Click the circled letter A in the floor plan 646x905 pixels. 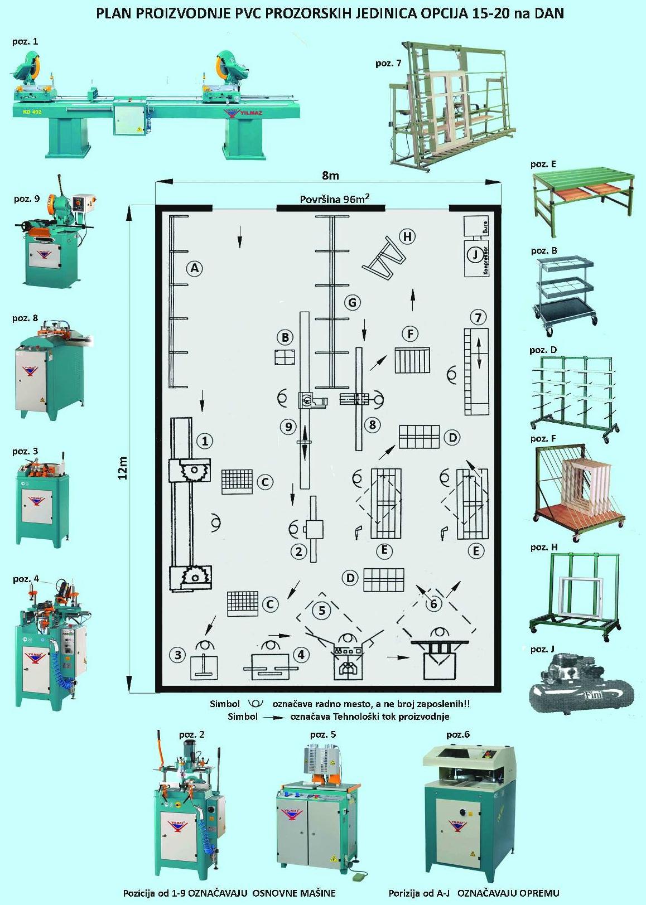pyautogui.click(x=194, y=268)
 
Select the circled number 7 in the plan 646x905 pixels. pyautogui.click(x=478, y=318)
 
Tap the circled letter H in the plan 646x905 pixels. pyautogui.click(x=407, y=236)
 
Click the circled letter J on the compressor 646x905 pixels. pyautogui.click(x=475, y=254)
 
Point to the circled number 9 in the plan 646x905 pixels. pyautogui.click(x=288, y=427)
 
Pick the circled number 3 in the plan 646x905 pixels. pyautogui.click(x=178, y=654)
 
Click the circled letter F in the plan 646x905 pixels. pyautogui.click(x=410, y=334)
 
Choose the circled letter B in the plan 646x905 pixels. pyautogui.click(x=285, y=337)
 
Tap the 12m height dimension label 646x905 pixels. pyautogui.click(x=124, y=468)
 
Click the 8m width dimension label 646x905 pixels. pyautogui.click(x=330, y=175)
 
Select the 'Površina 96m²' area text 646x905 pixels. pyautogui.click(x=334, y=199)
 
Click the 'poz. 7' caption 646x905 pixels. pyautogui.click(x=388, y=64)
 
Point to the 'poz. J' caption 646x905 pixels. pyautogui.click(x=542, y=649)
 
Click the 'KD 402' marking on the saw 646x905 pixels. pyautogui.click(x=32, y=112)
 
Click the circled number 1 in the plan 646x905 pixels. pyautogui.click(x=205, y=441)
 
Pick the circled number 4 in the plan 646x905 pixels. pyautogui.click(x=301, y=654)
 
